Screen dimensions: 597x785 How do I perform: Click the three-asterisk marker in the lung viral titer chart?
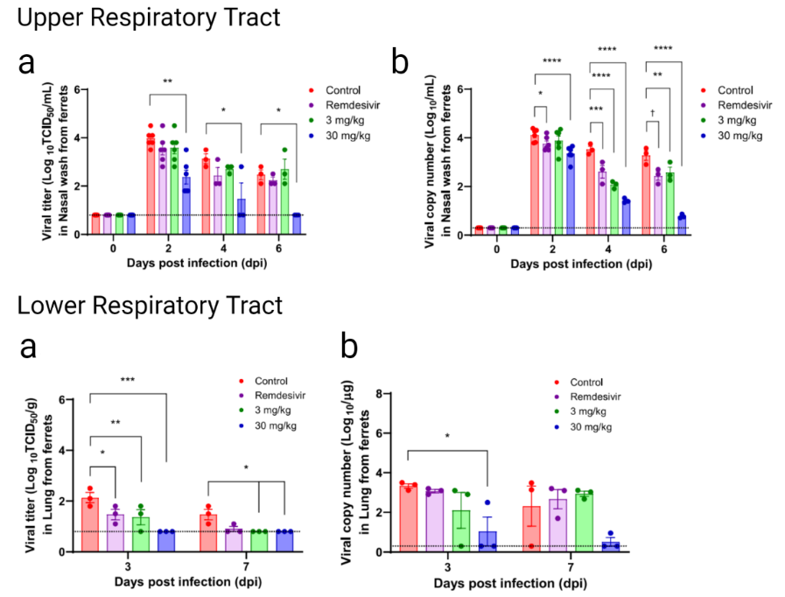[x=128, y=380]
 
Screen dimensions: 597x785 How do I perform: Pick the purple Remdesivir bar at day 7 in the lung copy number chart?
[x=557, y=524]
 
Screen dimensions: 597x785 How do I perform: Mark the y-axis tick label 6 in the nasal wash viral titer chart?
[x=79, y=90]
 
